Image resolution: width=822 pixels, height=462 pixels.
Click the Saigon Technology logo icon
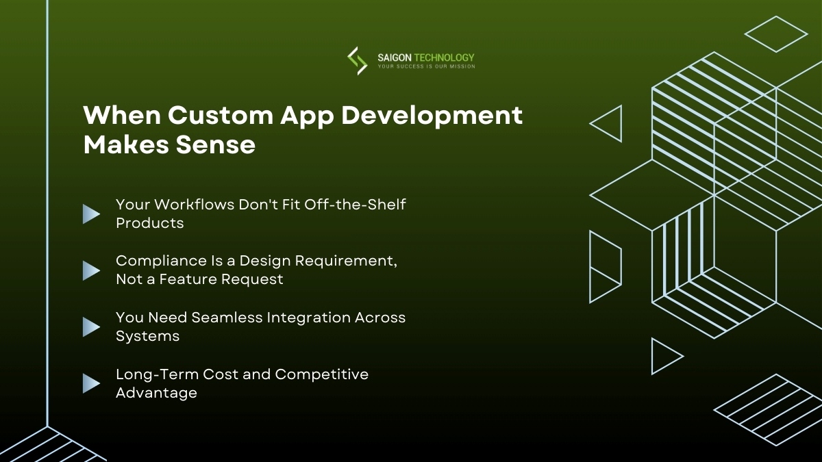(x=357, y=60)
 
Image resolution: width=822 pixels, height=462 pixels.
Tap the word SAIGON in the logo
(x=394, y=58)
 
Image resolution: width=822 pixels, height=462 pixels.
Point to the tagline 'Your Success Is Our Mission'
(x=426, y=67)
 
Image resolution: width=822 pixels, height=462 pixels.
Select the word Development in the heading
(x=432, y=115)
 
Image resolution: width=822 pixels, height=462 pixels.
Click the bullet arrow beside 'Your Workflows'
(x=91, y=214)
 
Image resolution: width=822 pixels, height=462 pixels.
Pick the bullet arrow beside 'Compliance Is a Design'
(x=91, y=270)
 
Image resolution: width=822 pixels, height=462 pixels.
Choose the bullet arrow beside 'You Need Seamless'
(x=91, y=327)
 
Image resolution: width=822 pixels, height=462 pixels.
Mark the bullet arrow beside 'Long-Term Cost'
(x=91, y=383)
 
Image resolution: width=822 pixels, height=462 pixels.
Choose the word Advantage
(x=156, y=393)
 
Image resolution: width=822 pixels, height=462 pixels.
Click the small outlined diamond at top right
(x=776, y=34)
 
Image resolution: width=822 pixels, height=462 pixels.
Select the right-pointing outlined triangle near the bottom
(x=664, y=356)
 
